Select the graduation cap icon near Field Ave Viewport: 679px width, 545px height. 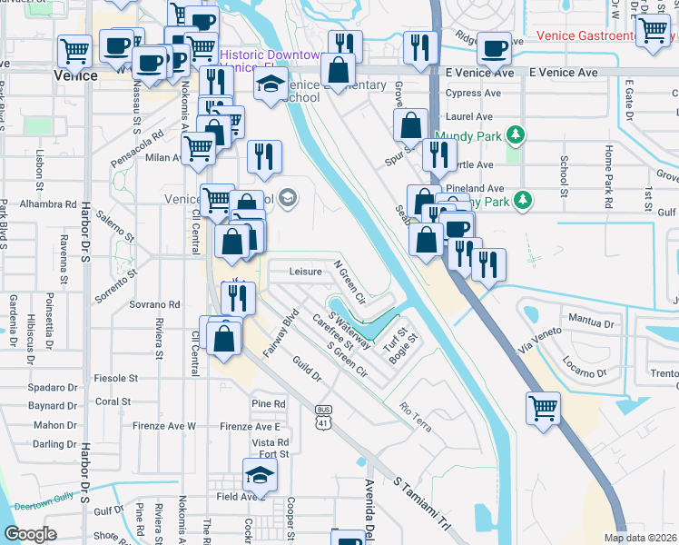259,474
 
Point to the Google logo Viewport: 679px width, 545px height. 30,534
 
